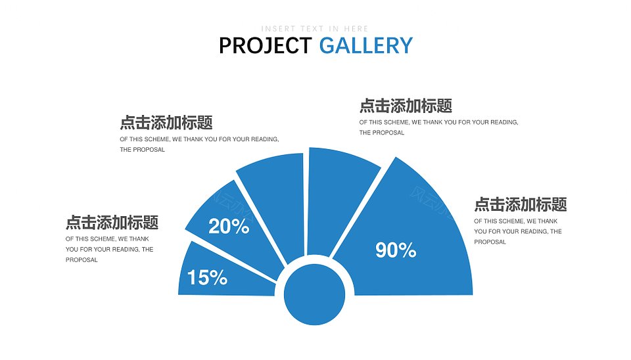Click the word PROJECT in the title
265,45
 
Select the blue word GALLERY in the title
366,45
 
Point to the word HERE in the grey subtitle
356,29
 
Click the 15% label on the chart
207,277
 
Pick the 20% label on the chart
229,227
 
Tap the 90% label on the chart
396,250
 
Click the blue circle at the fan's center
314,294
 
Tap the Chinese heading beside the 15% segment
112,222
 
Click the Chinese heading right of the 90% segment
521,204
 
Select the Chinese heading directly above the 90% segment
406,106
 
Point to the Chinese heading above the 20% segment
166,123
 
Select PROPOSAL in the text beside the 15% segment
82,260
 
